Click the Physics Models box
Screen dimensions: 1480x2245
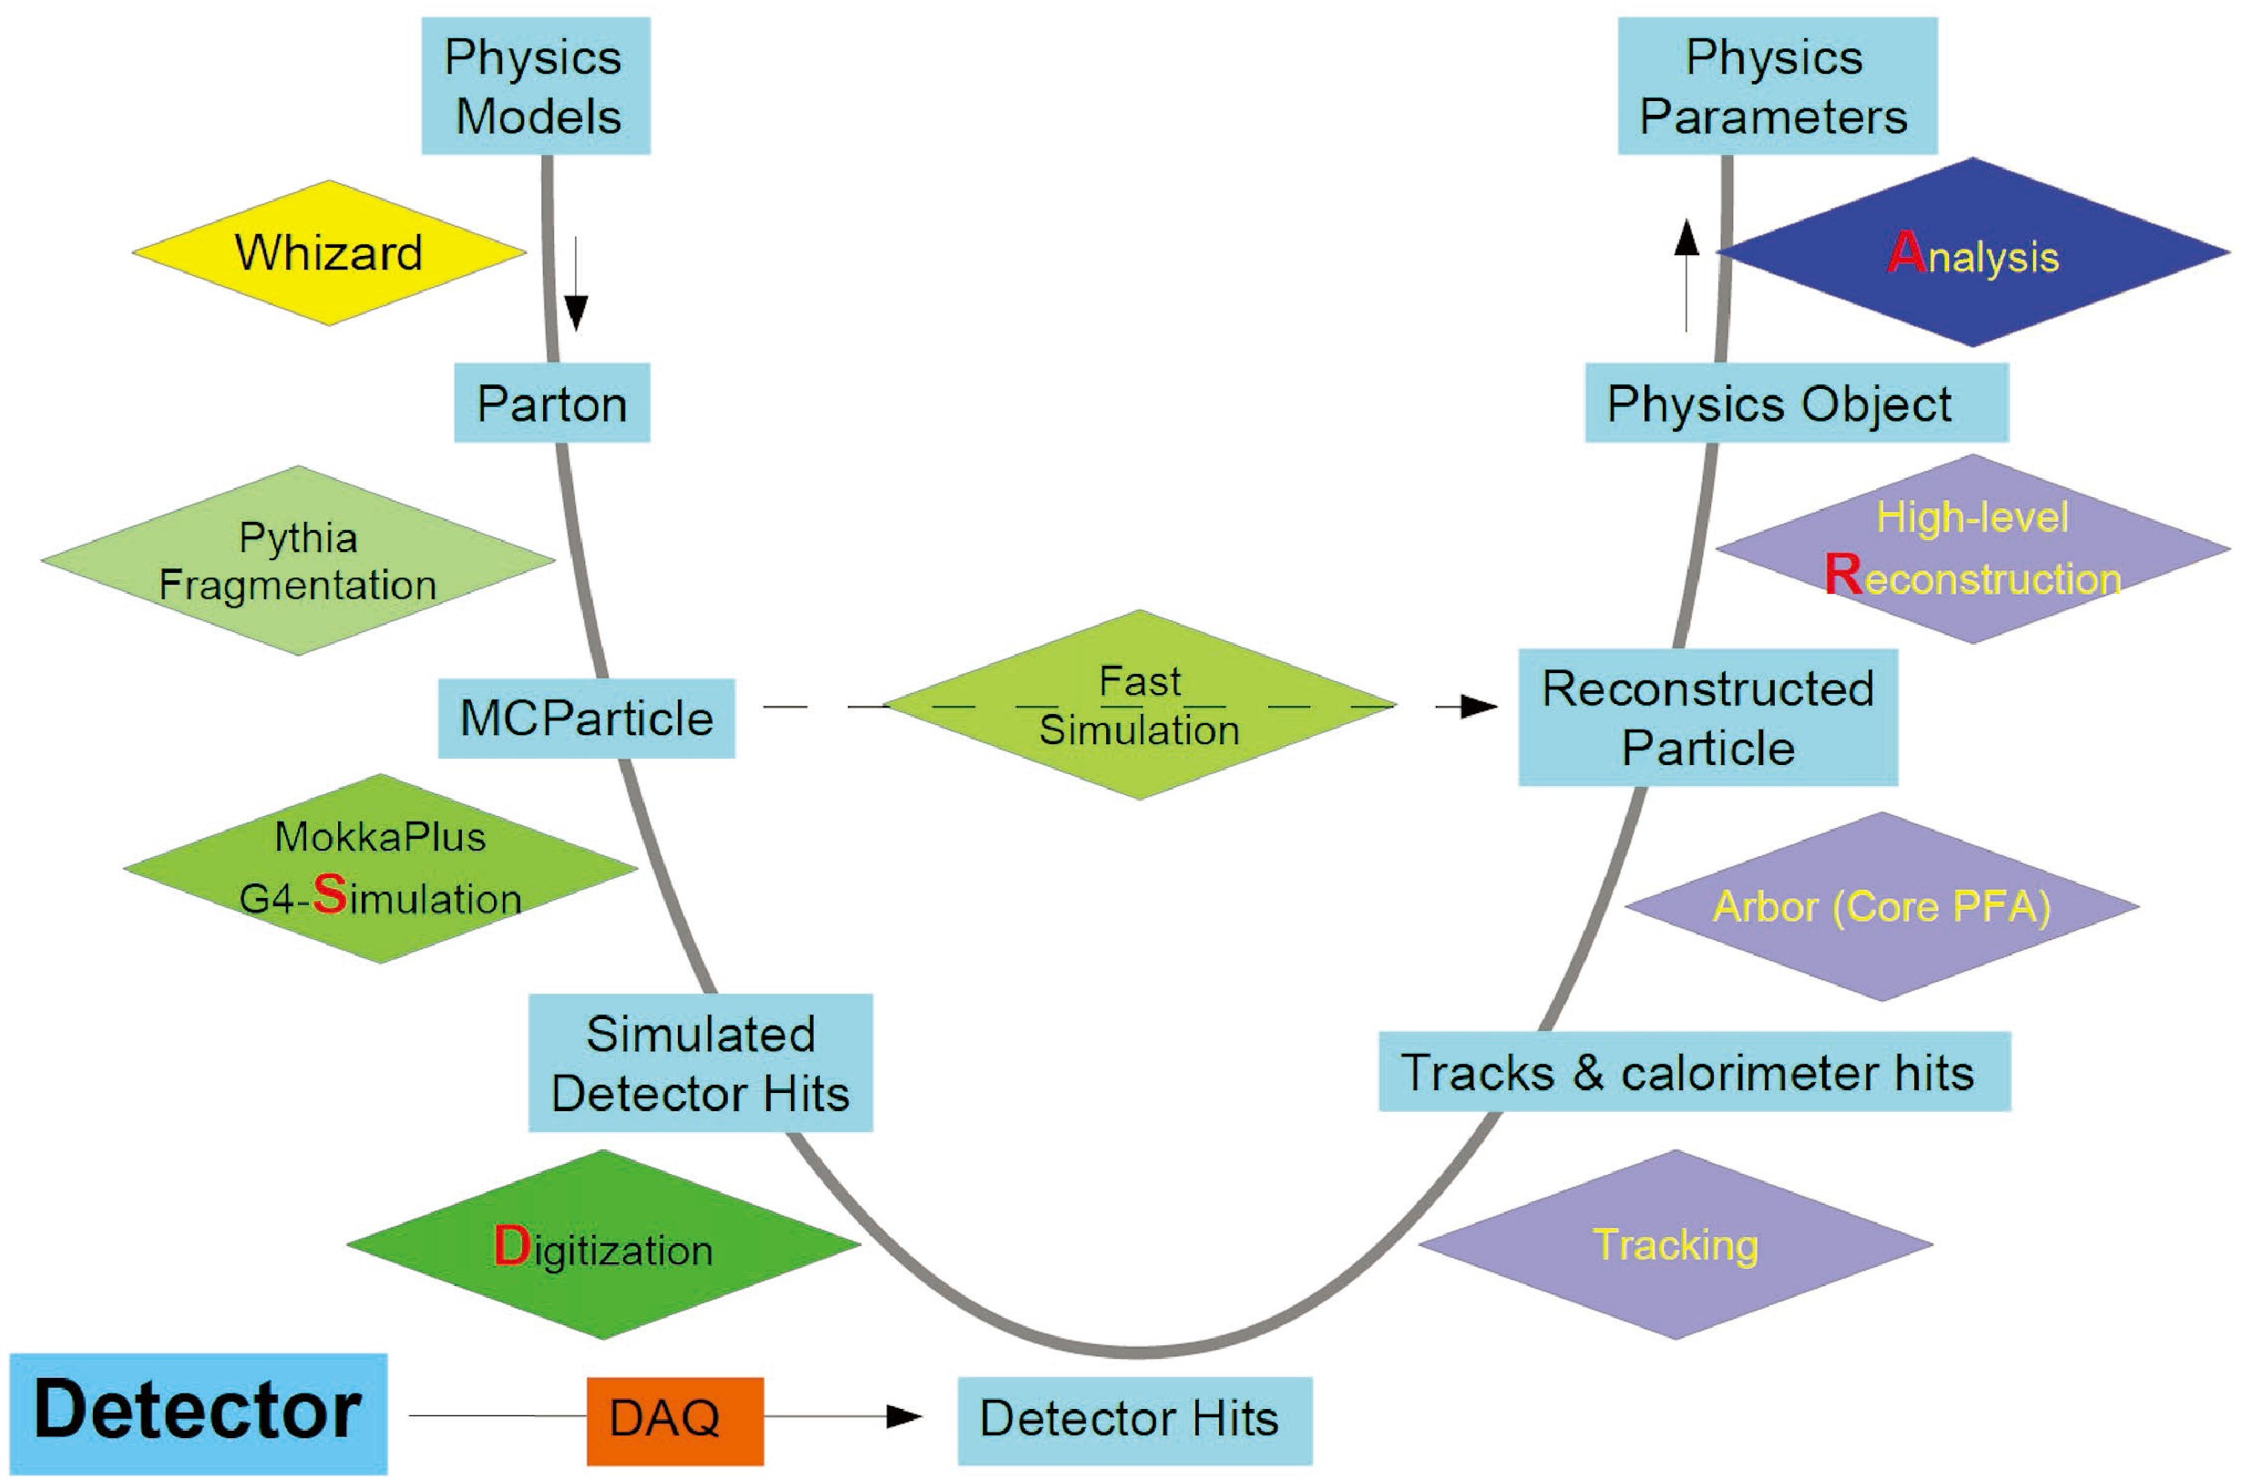pyautogui.click(x=536, y=86)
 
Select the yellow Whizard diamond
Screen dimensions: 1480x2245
pyautogui.click(x=329, y=253)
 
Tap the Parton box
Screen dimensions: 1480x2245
pyautogui.click(x=551, y=403)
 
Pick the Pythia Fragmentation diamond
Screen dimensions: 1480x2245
pyautogui.click(x=297, y=561)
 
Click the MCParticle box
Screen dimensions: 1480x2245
pyautogui.click(x=586, y=719)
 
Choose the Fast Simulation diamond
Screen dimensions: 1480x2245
pyautogui.click(x=1140, y=705)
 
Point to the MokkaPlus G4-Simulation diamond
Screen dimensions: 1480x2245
pyautogui.click(x=381, y=868)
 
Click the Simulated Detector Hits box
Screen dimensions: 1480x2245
pyautogui.click(x=700, y=1063)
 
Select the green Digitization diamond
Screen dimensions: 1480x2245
pyautogui.click(x=603, y=1245)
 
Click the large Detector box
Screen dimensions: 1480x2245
pyautogui.click(x=199, y=1413)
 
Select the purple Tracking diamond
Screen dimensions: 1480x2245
pyautogui.click(x=1676, y=1245)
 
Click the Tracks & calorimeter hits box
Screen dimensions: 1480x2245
pyautogui.click(x=1694, y=1072)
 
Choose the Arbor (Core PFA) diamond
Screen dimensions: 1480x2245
pyautogui.click(x=1881, y=907)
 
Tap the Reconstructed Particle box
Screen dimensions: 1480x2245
pyautogui.click(x=1707, y=718)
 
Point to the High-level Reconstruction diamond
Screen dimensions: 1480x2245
pyautogui.click(x=1973, y=549)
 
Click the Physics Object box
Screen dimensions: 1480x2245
pyautogui.click(x=1796, y=403)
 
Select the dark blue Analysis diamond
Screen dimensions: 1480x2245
pyautogui.click(x=1973, y=252)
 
